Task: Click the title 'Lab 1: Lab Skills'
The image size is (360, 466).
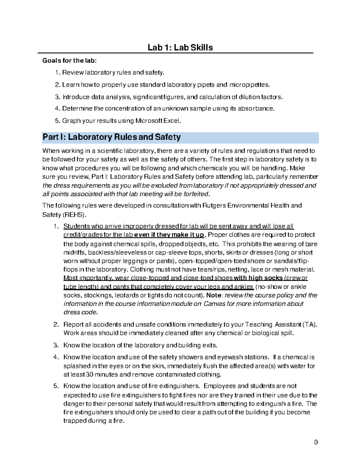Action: tap(180, 47)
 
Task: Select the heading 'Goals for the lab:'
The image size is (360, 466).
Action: tap(70, 61)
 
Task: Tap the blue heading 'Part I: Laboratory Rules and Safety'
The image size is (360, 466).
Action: tap(112, 137)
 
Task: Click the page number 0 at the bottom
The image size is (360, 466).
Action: tap(316, 442)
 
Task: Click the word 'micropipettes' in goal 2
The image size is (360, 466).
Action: tap(249, 85)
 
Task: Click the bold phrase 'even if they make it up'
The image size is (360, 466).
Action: tap(169, 235)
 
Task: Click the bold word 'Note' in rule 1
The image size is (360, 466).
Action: tap(214, 295)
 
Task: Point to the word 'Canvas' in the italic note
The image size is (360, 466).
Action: tap(214, 304)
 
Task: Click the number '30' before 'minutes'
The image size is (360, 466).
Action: tap(90, 374)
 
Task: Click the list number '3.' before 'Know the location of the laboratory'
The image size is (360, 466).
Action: tap(56, 345)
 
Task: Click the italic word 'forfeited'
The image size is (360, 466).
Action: tap(196, 194)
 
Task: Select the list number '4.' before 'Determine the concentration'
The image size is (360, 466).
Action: tap(58, 108)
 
